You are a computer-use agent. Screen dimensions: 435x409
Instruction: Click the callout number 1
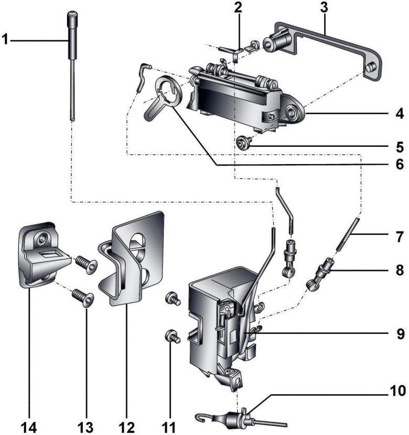pos(6,39)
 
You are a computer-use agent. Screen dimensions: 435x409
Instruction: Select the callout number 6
pos(400,164)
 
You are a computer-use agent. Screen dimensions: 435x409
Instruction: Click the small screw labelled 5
pos(243,142)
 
